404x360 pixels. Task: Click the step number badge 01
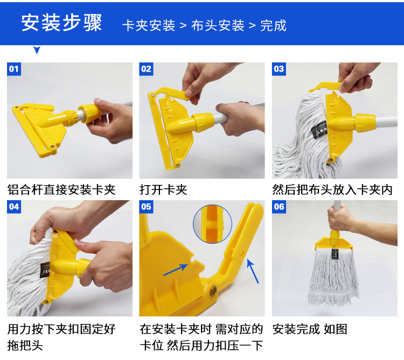14,69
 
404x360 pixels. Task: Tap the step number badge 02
146,69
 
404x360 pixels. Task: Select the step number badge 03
279,69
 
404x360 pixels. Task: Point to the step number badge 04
14,207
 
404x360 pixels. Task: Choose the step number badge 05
146,207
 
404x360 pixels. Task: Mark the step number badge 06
279,207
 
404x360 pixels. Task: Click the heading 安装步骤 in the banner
61,23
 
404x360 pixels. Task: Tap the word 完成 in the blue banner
273,25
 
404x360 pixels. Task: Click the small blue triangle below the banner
37,50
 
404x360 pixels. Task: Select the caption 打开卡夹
163,190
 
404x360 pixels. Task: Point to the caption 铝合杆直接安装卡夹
61,190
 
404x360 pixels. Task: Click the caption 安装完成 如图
310,329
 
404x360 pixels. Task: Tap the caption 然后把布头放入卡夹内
332,190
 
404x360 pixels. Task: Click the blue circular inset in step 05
213,224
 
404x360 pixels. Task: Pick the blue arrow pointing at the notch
176,270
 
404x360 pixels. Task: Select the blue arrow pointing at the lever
253,271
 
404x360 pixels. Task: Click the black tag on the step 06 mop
335,253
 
